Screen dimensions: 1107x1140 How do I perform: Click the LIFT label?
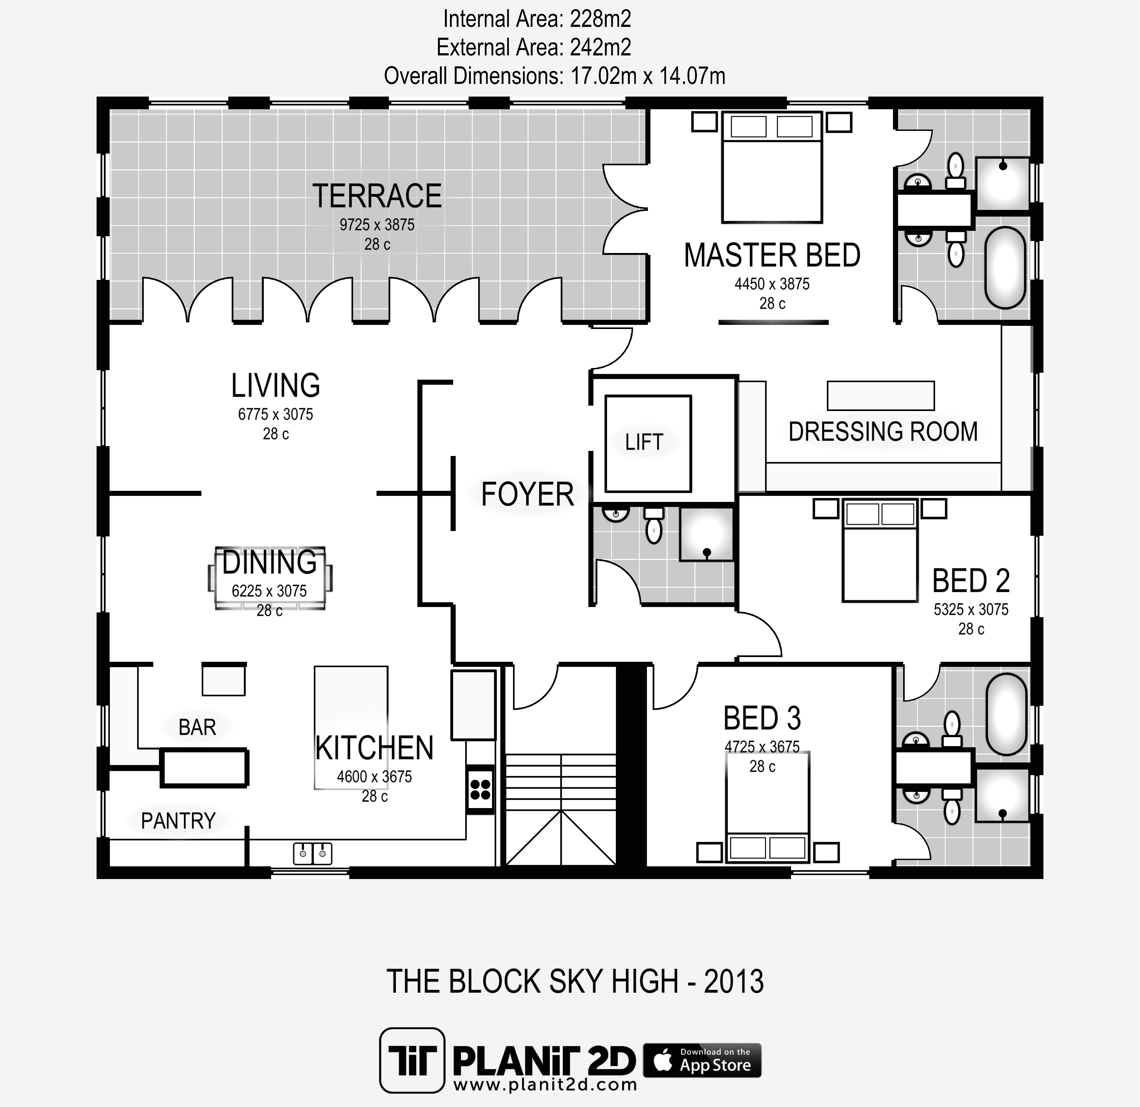pyautogui.click(x=644, y=442)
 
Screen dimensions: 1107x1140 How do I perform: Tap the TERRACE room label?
pyautogui.click(x=377, y=196)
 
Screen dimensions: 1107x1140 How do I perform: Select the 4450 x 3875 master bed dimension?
pyautogui.click(x=772, y=284)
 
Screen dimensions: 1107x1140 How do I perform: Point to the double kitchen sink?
pyautogui.click(x=312, y=853)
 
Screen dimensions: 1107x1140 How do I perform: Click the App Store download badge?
pyautogui.click(x=702, y=1060)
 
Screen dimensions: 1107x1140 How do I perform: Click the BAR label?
pyautogui.click(x=197, y=727)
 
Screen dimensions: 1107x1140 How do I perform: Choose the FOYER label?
pyautogui.click(x=527, y=495)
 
